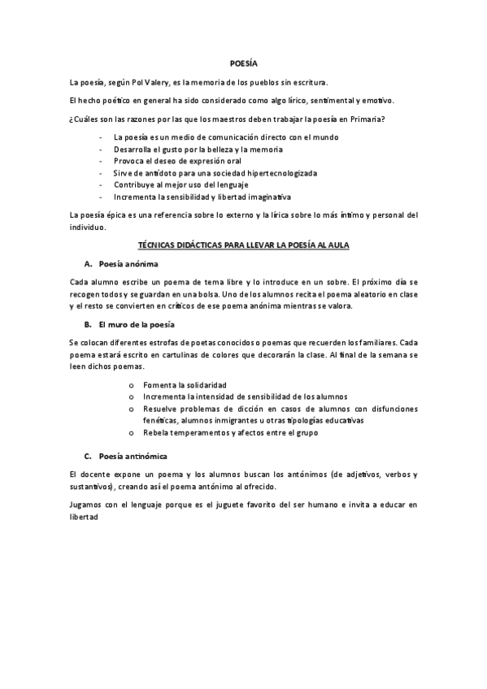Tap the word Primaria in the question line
[367, 120]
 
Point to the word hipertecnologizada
[276, 173]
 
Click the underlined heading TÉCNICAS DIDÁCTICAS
[243, 244]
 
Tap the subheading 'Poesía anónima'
[128, 264]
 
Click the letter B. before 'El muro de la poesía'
[87, 324]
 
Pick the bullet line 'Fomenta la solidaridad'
[185, 384]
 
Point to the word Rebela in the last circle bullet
[156, 432]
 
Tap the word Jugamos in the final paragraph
[87, 505]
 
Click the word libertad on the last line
[85, 517]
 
